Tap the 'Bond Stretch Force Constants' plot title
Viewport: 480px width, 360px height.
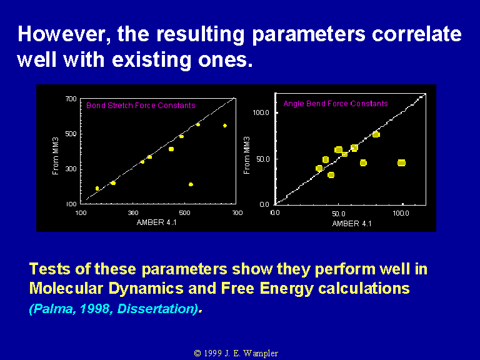[141, 106]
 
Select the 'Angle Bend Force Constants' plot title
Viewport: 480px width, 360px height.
[336, 104]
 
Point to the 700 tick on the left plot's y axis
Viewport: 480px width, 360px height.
[71, 99]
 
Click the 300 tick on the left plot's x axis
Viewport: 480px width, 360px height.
[133, 212]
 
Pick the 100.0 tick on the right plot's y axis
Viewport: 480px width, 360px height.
[261, 112]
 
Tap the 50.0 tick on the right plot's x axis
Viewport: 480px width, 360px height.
[339, 213]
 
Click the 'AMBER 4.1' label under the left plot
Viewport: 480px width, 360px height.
[156, 222]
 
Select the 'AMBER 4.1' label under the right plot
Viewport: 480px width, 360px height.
[352, 224]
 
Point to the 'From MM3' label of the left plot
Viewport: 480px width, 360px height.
[56, 156]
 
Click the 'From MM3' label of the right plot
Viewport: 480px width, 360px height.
[247, 155]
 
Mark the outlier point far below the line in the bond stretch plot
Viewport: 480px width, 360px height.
[191, 184]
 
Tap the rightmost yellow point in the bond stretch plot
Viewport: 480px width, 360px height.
[225, 126]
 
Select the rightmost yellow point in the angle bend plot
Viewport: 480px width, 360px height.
[401, 163]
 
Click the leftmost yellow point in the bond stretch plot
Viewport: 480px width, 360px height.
[97, 188]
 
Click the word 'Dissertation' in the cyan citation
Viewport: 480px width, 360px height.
[157, 309]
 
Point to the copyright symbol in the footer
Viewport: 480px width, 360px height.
[197, 353]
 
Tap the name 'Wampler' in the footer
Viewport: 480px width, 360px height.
[261, 354]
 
